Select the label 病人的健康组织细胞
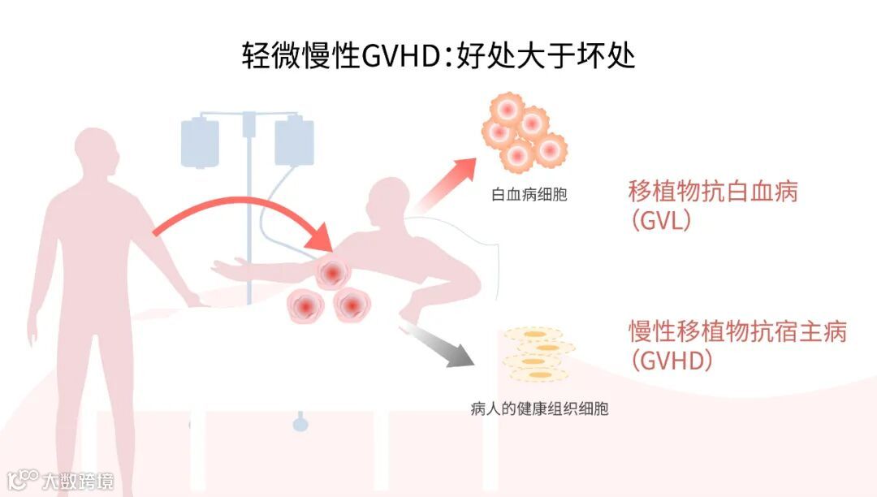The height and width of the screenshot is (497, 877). coord(539,408)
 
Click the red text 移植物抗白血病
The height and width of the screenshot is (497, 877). coord(713,192)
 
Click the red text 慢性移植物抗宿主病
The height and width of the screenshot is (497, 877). coord(737,332)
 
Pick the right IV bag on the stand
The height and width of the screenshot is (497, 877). coord(294,141)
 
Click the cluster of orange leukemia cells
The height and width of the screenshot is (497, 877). coord(524,130)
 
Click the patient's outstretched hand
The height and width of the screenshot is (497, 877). coord(221,268)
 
